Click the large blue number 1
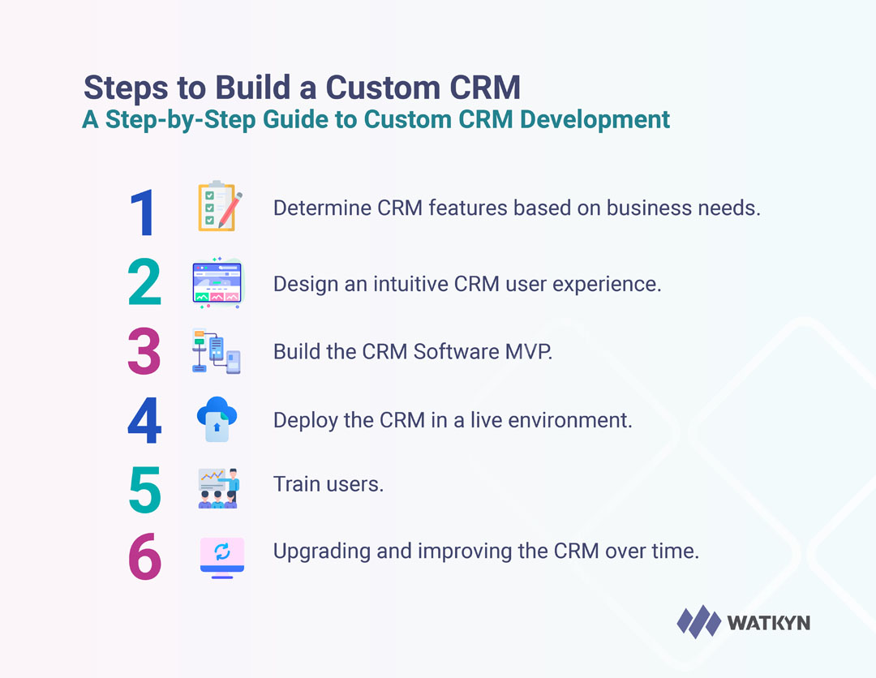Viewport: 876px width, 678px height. [144, 212]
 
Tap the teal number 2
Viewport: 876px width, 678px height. [144, 283]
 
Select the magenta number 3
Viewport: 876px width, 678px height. [144, 351]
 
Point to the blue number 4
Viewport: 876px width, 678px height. [144, 420]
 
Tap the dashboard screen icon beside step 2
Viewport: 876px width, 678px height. [217, 283]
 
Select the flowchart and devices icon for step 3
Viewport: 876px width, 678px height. [216, 351]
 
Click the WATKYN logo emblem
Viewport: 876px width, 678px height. [698, 622]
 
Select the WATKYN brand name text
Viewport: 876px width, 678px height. [768, 623]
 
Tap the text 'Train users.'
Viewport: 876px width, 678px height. [328, 484]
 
